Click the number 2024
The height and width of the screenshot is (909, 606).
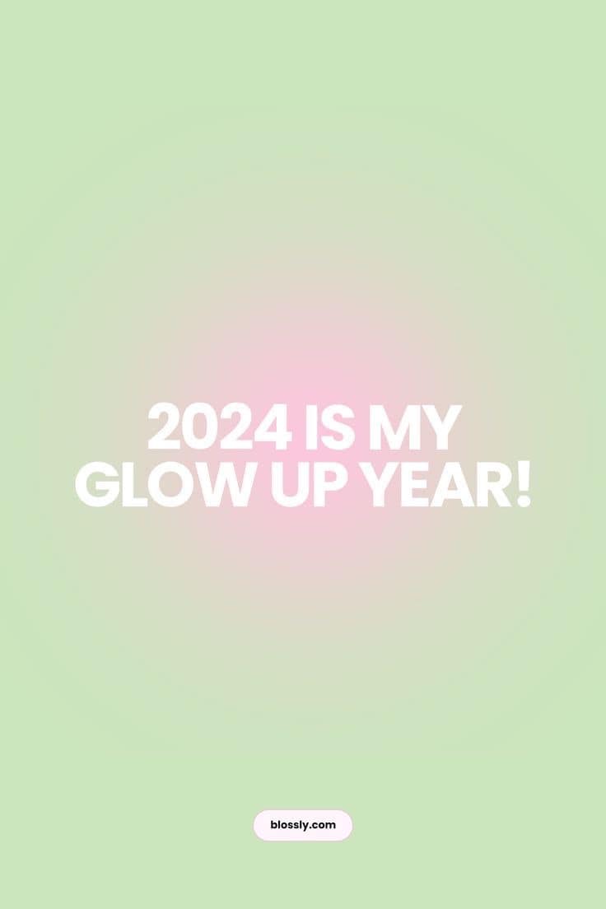point(219,427)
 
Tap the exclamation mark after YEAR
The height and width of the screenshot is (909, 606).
point(523,485)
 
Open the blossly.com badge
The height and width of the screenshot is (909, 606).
point(303,825)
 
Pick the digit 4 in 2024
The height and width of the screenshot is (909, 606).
point(273,427)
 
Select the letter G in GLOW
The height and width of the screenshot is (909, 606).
point(97,485)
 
